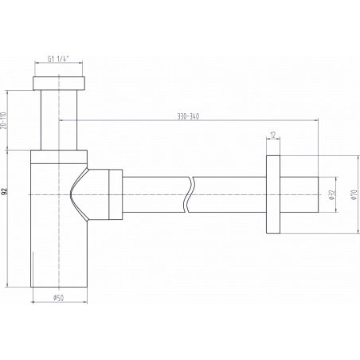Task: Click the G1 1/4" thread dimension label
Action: point(58,59)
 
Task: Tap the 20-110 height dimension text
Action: point(4,120)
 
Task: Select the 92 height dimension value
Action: point(4,191)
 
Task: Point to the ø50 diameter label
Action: point(58,298)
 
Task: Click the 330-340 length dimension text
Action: point(188,116)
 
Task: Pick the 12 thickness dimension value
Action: point(273,135)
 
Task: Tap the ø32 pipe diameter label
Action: point(332,194)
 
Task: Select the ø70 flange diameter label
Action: point(354,194)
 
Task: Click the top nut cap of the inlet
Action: point(59,84)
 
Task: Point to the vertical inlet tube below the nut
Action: point(59,120)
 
